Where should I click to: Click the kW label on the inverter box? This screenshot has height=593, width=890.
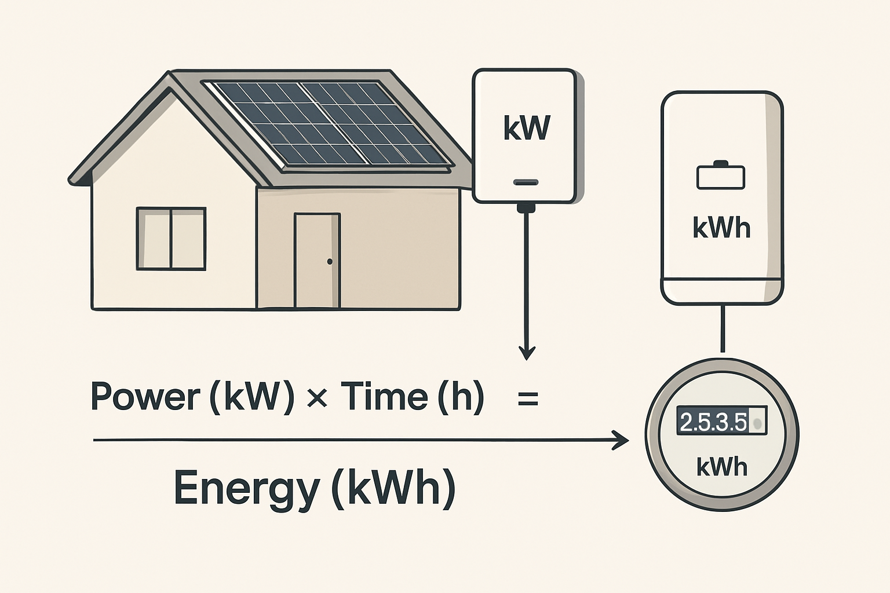pyautogui.click(x=526, y=129)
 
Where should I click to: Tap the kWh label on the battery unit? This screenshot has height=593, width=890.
pyautogui.click(x=721, y=228)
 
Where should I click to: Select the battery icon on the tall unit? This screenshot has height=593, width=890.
pyautogui.click(x=721, y=176)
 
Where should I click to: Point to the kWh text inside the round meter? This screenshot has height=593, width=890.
pyautogui.click(x=721, y=466)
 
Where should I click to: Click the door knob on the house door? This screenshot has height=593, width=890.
pyautogui.click(x=330, y=262)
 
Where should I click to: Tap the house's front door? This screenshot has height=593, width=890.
pyautogui.click(x=316, y=261)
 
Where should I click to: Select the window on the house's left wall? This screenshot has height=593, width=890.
pyautogui.click(x=171, y=239)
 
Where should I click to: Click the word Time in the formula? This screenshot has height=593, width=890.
pyautogui.click(x=384, y=396)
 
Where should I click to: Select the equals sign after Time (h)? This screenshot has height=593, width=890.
pyautogui.click(x=528, y=399)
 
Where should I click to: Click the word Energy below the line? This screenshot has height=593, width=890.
pyautogui.click(x=246, y=488)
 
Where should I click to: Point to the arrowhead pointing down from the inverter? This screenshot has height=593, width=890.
pyautogui.click(x=527, y=352)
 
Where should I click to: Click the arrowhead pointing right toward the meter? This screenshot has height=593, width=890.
pyautogui.click(x=621, y=441)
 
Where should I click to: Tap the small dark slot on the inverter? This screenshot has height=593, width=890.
pyautogui.click(x=526, y=182)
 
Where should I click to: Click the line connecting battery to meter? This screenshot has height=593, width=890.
pyautogui.click(x=722, y=328)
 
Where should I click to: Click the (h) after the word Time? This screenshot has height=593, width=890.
pyautogui.click(x=461, y=397)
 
